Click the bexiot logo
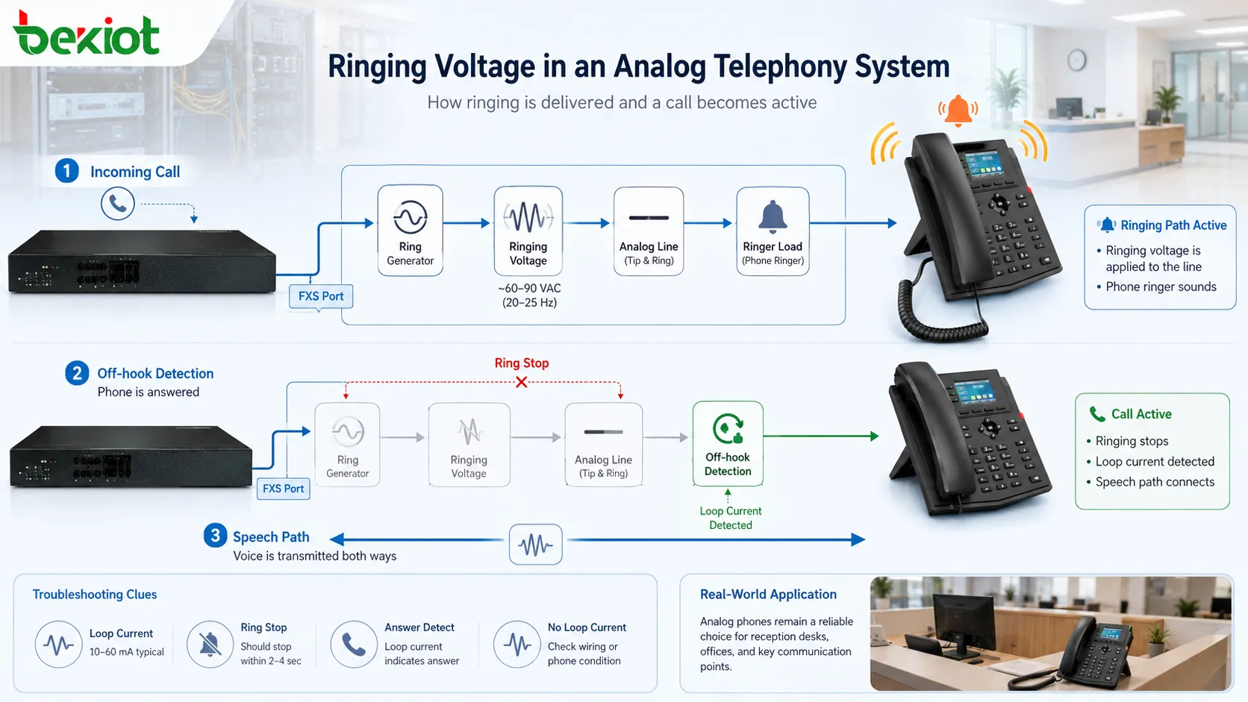(x=87, y=34)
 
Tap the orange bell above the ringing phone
(x=958, y=110)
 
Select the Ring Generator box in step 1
(x=410, y=231)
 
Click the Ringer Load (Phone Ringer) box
(x=773, y=231)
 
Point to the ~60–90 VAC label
(x=529, y=289)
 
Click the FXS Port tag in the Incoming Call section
(x=321, y=296)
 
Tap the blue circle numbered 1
(x=67, y=171)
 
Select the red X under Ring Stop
(x=522, y=382)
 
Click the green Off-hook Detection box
(x=728, y=444)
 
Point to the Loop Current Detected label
(x=731, y=518)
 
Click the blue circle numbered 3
(x=215, y=536)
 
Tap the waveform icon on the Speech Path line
(x=535, y=545)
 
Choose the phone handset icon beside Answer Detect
(x=353, y=644)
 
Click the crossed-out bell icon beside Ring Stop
(x=210, y=644)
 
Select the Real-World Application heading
(x=768, y=594)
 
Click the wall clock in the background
(x=1076, y=60)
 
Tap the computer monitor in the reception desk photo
(x=964, y=622)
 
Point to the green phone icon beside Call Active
(x=1097, y=413)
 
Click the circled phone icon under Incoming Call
(x=117, y=204)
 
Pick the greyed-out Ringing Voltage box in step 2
(x=469, y=445)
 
